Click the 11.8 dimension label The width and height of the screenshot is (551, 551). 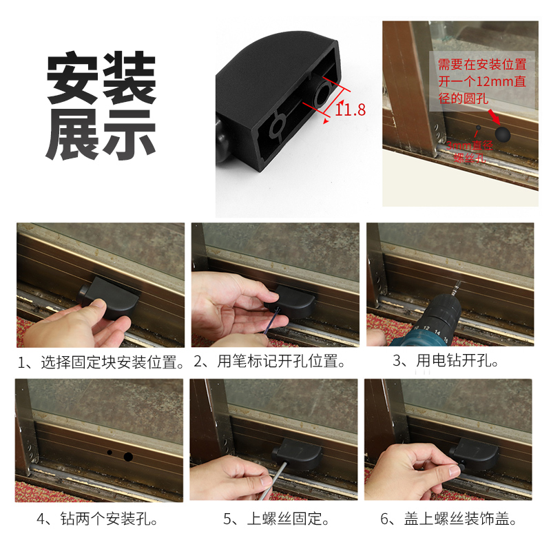(351, 109)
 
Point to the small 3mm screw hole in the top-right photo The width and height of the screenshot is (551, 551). (479, 127)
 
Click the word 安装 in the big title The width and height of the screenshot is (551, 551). (101, 78)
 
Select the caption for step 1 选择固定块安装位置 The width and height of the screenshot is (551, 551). (101, 362)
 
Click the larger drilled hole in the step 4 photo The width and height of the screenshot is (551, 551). (127, 456)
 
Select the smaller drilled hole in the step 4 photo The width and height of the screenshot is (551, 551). (109, 453)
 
